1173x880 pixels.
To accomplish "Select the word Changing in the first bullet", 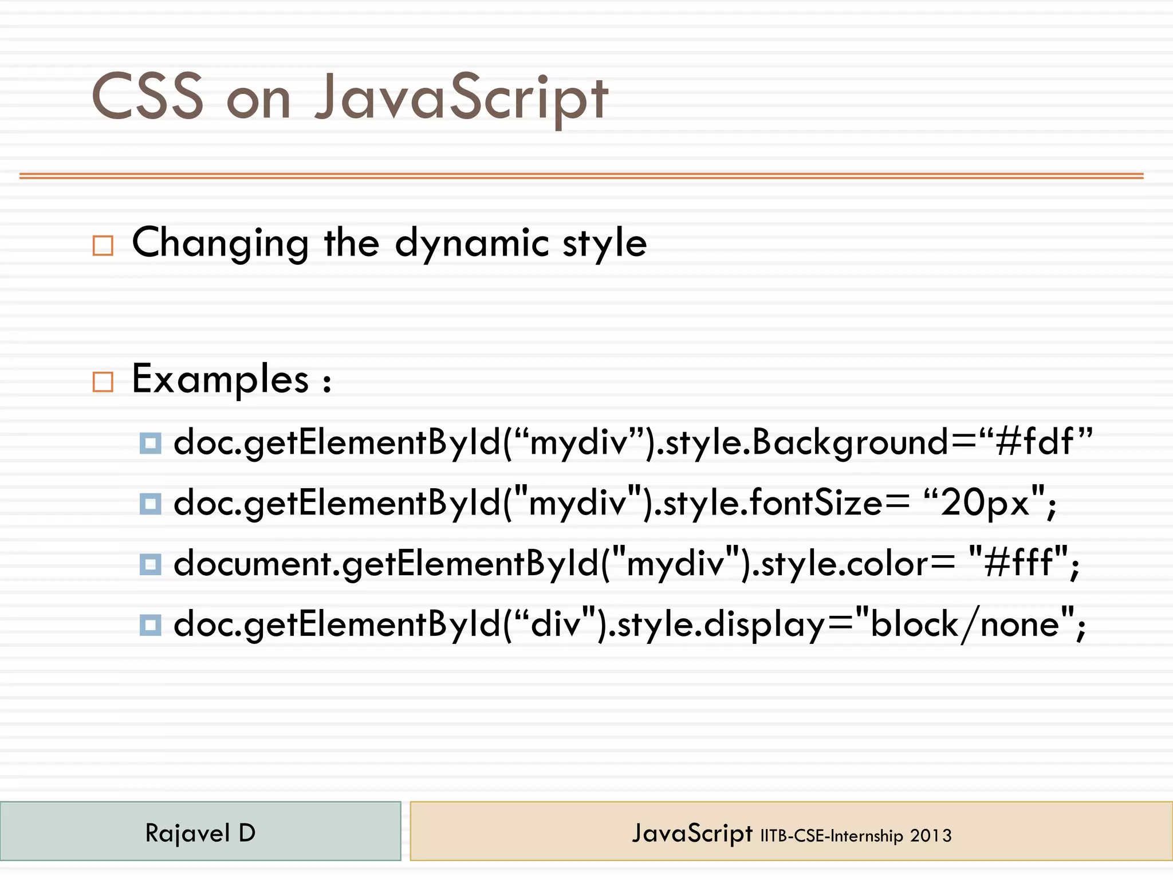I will click(221, 243).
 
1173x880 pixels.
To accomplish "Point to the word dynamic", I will click(471, 243).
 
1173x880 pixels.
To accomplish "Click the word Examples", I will click(221, 379).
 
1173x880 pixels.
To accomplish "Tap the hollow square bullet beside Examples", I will click(103, 382).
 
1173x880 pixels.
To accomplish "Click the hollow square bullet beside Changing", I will click(103, 245).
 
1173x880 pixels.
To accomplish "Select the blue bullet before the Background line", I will click(150, 443).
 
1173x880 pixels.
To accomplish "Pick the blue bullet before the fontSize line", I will click(150, 504).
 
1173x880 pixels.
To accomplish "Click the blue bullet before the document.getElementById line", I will click(150, 564).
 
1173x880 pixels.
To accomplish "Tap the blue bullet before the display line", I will click(150, 624).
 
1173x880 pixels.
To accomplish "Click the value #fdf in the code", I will click(1034, 442).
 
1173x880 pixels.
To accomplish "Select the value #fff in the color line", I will click(1018, 563).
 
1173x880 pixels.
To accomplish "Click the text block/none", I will click(965, 623).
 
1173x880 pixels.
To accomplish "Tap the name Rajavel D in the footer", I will click(200, 832).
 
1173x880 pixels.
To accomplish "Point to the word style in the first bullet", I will click(604, 243).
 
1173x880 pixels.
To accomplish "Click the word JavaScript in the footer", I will click(692, 833).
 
